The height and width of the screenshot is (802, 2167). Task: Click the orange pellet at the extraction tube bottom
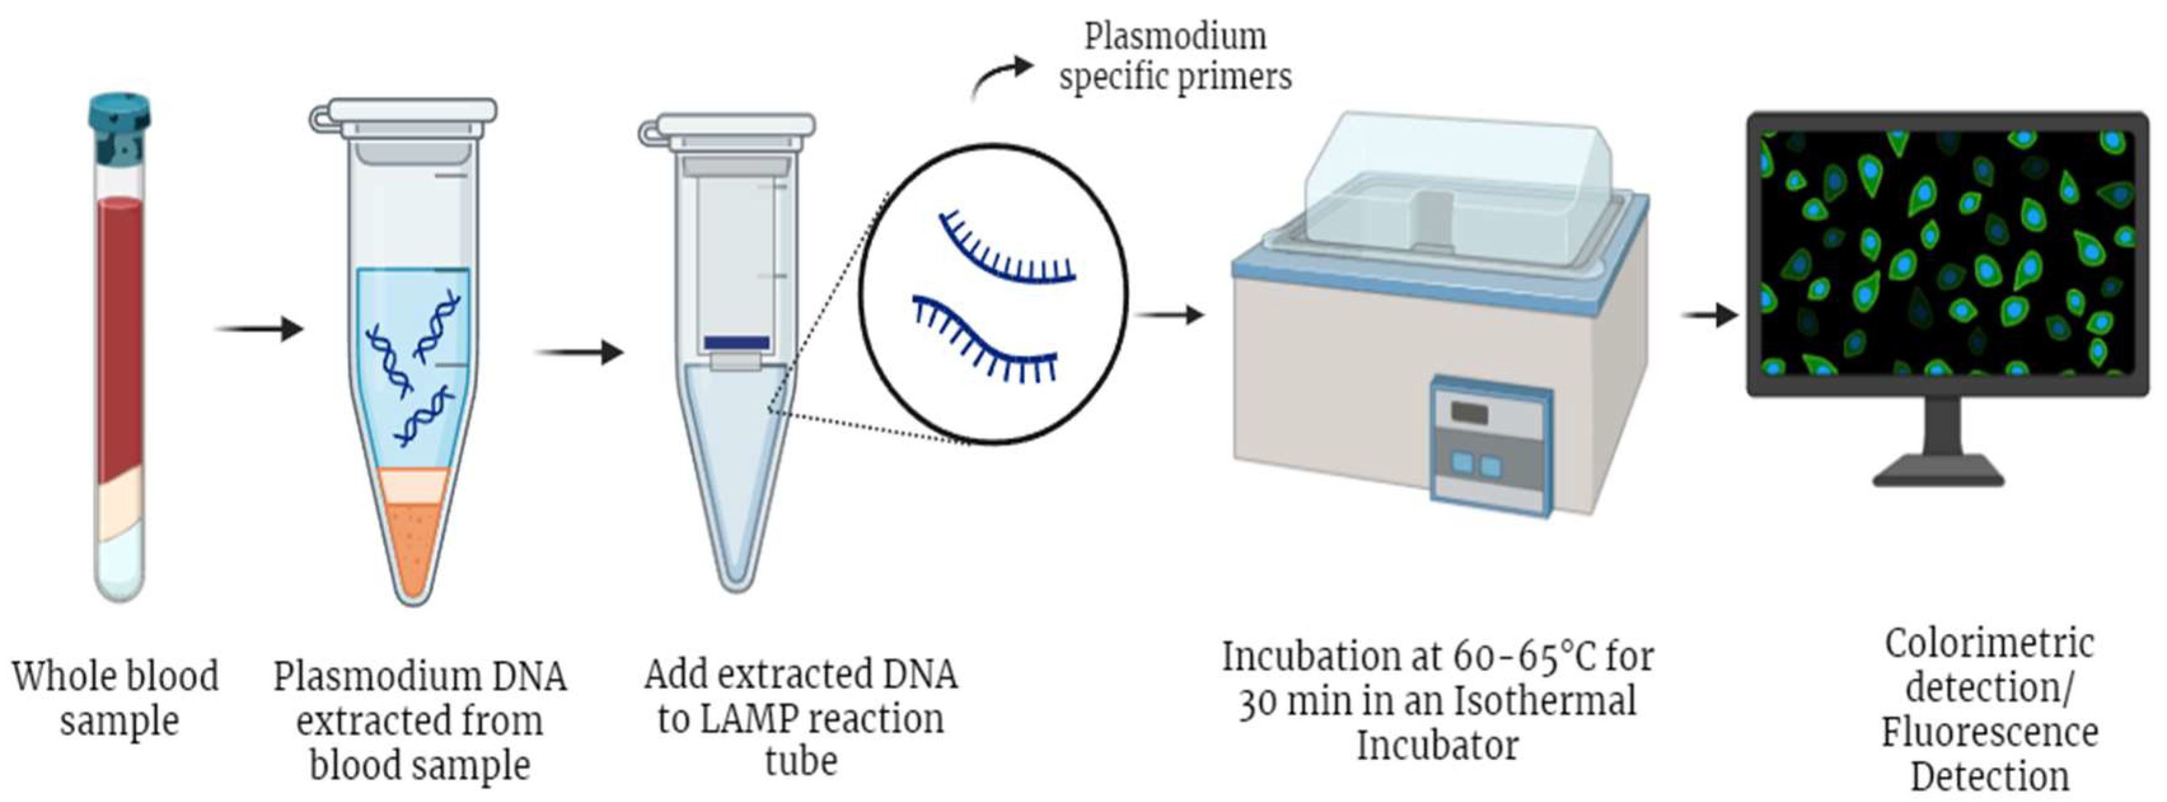pos(412,539)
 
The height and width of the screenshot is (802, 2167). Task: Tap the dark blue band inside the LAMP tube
pos(736,343)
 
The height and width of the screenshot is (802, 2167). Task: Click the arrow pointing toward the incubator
pos(1169,315)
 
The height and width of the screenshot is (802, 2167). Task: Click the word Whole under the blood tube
pos(62,677)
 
